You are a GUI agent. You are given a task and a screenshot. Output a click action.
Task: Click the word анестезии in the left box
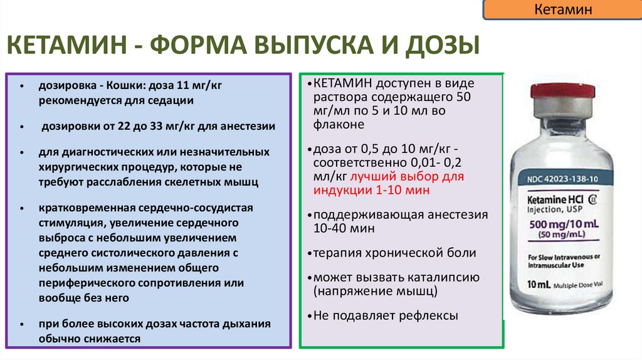point(245,126)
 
